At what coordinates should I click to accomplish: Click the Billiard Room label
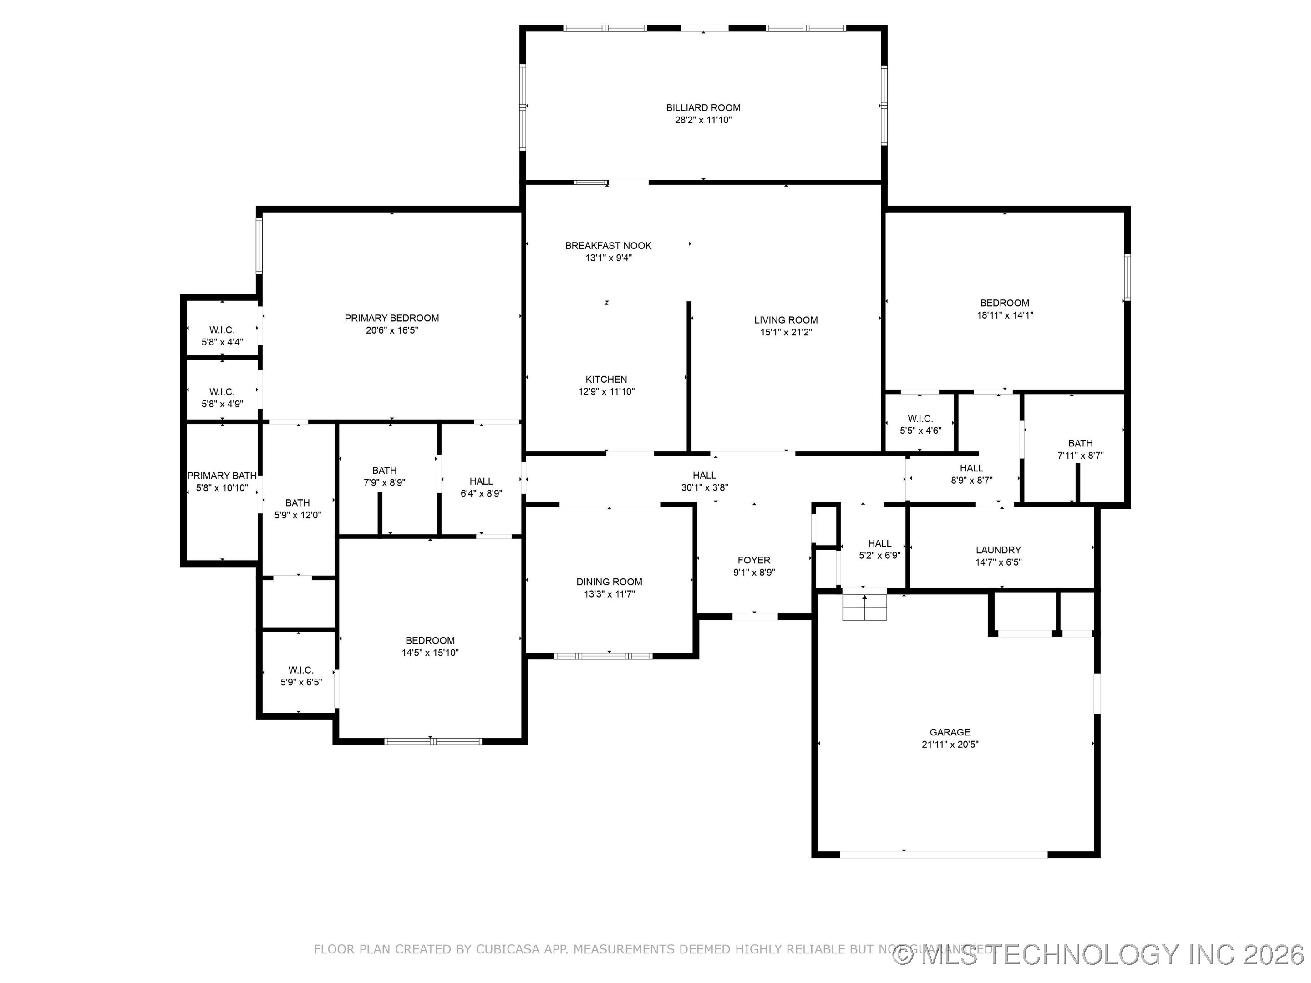[x=703, y=108]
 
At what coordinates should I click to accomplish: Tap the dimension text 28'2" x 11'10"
[x=703, y=120]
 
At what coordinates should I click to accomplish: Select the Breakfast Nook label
[x=608, y=245]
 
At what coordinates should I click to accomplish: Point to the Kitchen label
[x=606, y=379]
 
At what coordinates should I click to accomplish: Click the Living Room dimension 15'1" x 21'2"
[x=786, y=332]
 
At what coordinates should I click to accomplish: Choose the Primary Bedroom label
[x=392, y=318]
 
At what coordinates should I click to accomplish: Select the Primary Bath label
[x=222, y=476]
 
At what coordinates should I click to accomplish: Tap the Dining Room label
[x=609, y=582]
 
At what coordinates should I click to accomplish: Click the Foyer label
[x=754, y=560]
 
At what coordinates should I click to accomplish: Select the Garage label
[x=950, y=732]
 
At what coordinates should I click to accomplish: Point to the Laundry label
[x=998, y=550]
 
